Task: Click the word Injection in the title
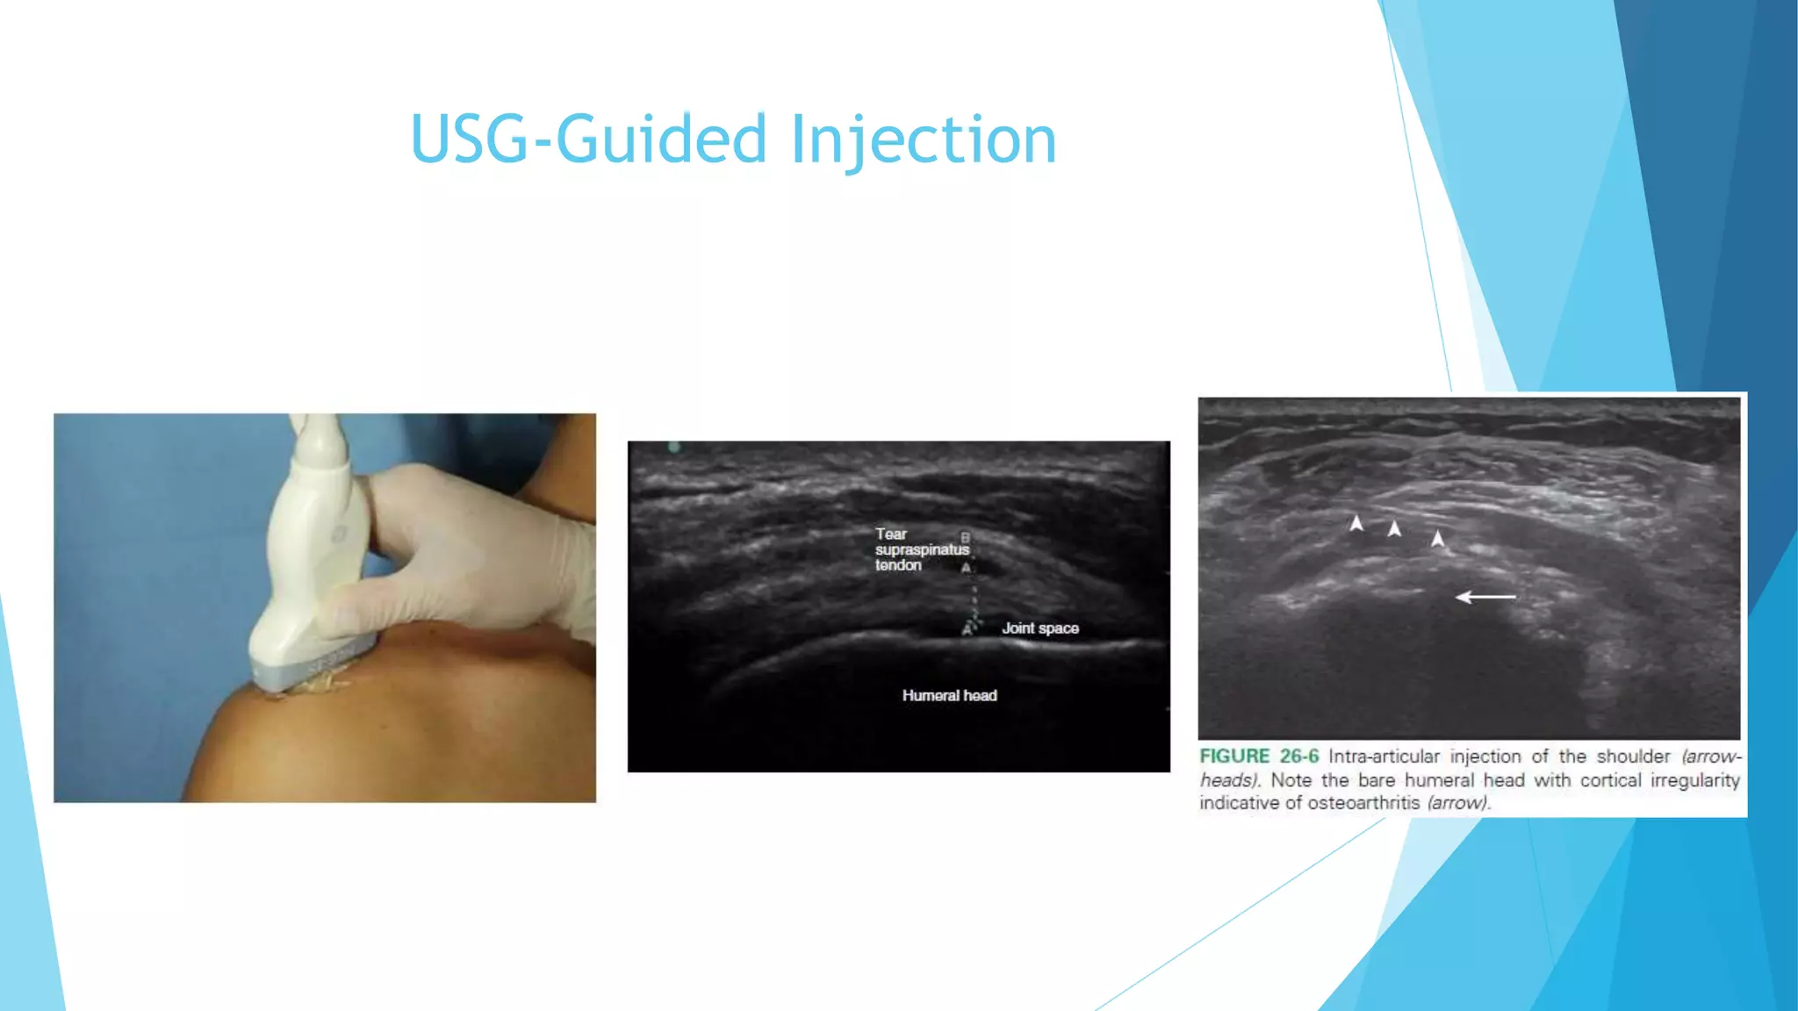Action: (x=924, y=139)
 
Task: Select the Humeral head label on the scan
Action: (x=949, y=696)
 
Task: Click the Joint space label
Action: (x=1040, y=628)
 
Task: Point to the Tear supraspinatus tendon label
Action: (x=921, y=549)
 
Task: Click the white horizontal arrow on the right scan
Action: (x=1485, y=597)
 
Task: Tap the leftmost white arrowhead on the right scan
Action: (x=1356, y=524)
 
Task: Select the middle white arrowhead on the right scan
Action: (x=1394, y=528)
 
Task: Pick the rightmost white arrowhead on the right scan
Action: (x=1437, y=538)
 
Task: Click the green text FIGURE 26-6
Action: (x=1259, y=756)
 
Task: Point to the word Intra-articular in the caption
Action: (x=1384, y=756)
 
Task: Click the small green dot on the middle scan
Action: (x=674, y=448)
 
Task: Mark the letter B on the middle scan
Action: (x=965, y=537)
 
